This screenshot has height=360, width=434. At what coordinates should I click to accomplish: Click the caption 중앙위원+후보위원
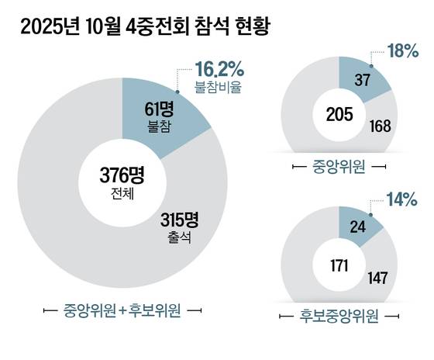(x=122, y=311)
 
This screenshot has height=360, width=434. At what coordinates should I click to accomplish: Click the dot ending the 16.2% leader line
(x=177, y=91)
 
